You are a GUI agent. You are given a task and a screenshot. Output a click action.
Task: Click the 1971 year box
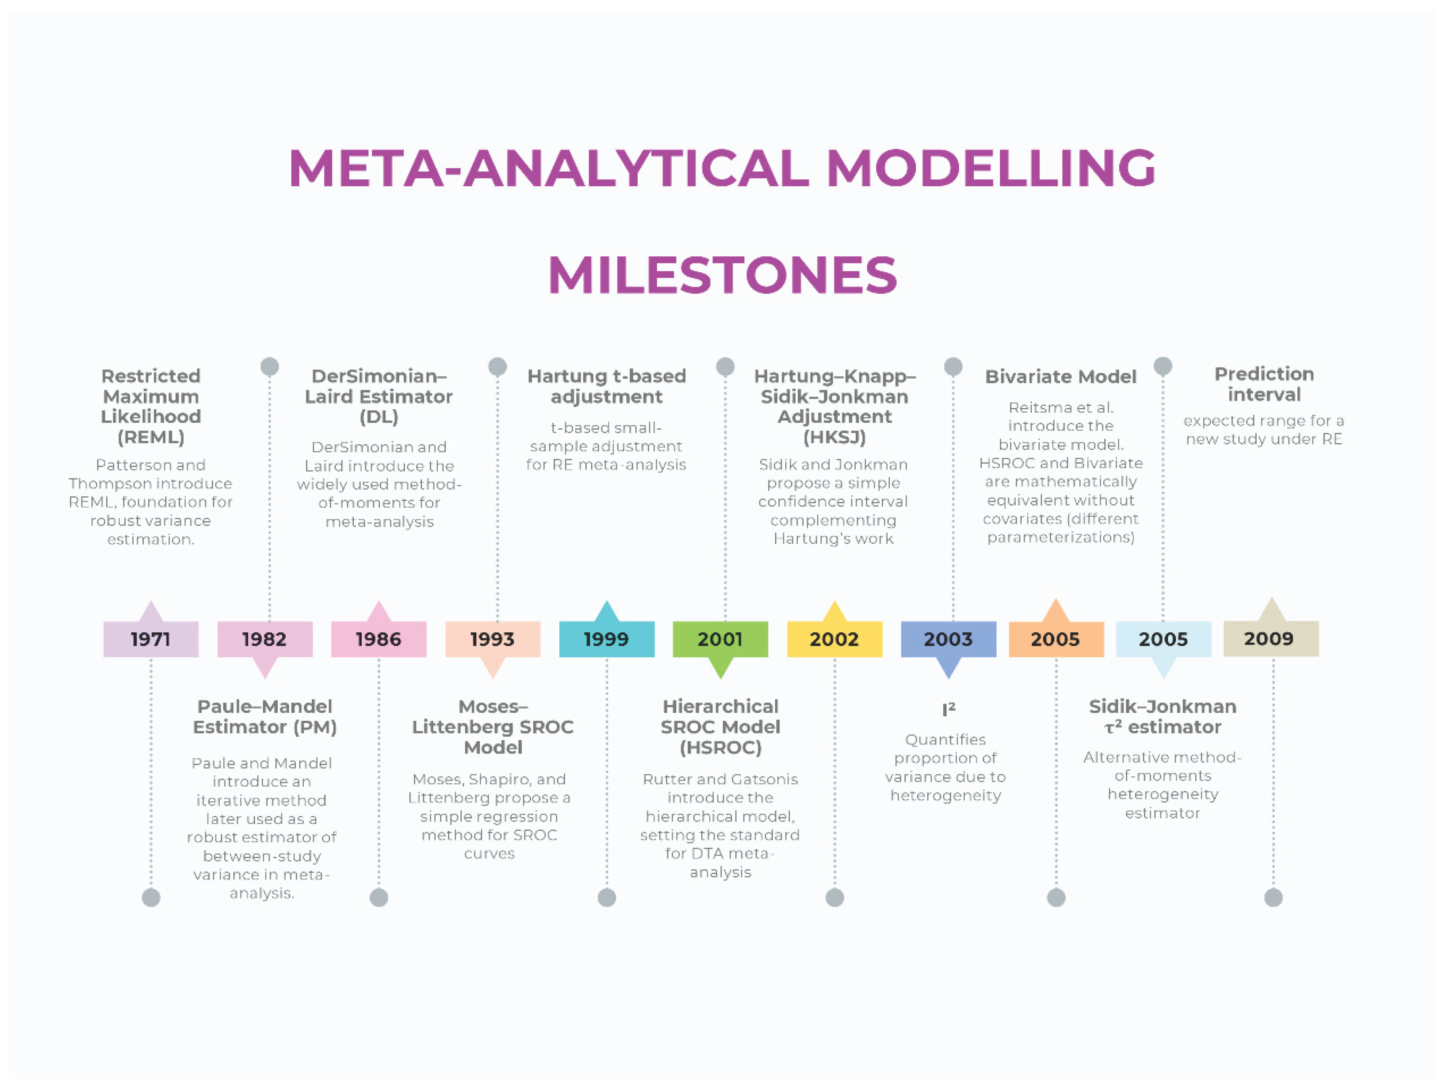(x=150, y=639)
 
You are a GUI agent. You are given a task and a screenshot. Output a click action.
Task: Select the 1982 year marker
(x=265, y=639)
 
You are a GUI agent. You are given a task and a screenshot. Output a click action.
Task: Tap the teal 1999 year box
(x=607, y=639)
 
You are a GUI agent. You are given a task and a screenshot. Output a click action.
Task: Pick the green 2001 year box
(x=720, y=639)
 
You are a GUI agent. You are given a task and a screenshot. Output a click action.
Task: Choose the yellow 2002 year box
(x=834, y=639)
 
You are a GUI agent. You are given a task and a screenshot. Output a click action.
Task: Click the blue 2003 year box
(x=948, y=639)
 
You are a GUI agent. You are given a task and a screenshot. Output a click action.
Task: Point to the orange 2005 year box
(x=1056, y=639)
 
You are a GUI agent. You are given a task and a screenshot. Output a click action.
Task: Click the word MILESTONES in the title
(x=723, y=274)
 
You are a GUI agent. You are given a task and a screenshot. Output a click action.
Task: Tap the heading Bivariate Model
(x=1060, y=377)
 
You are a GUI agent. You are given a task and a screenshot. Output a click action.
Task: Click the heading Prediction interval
(x=1264, y=384)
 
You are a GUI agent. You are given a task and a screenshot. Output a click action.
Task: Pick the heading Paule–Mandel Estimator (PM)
(x=265, y=716)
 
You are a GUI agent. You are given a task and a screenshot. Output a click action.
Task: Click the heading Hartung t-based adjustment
(x=607, y=386)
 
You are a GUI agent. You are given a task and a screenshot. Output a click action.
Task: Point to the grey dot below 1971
(x=151, y=897)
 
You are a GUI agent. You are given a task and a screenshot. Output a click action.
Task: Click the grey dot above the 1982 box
(x=269, y=367)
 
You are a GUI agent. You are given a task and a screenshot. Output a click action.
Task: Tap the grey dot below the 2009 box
(x=1273, y=897)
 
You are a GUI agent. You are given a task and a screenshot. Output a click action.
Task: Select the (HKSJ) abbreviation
(x=834, y=437)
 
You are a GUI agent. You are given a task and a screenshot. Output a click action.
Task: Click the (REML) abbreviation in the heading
(x=151, y=437)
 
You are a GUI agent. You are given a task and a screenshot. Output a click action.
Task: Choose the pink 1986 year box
(x=379, y=639)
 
